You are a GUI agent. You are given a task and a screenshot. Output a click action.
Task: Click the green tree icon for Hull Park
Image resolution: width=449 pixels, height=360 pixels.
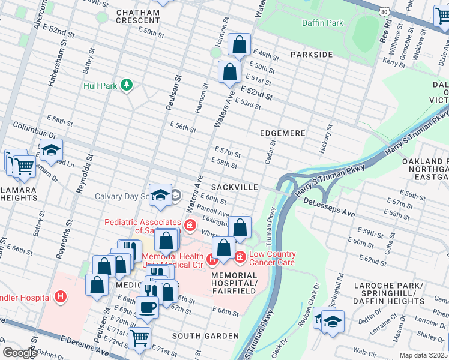126,85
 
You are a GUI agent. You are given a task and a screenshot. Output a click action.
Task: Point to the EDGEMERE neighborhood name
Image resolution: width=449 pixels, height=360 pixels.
282,133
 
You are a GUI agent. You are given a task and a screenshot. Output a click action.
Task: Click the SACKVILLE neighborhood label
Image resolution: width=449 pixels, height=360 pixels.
235,187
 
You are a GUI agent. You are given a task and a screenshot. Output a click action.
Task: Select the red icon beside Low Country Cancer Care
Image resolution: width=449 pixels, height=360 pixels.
240,257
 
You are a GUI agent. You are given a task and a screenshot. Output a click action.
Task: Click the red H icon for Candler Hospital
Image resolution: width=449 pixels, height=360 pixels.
60,296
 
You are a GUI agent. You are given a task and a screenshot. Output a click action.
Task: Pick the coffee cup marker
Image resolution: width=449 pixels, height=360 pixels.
147,306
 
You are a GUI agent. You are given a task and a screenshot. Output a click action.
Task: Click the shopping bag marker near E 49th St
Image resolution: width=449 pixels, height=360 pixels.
239,44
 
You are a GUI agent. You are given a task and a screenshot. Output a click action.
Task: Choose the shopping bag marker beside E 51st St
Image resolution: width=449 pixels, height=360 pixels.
229,72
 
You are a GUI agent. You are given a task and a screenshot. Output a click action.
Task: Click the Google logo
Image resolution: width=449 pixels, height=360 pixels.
20,353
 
